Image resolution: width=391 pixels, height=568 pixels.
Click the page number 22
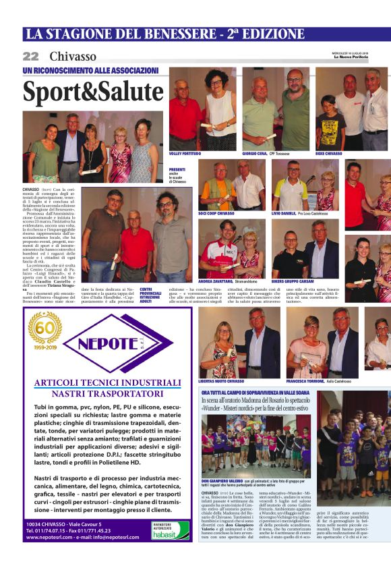(x=31, y=56)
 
